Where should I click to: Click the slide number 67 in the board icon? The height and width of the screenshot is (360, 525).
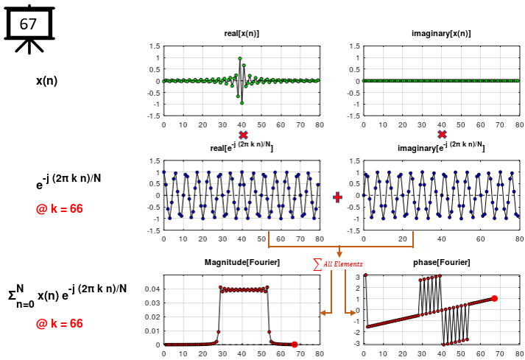pos(28,24)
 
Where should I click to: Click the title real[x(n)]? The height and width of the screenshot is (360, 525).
pos(242,34)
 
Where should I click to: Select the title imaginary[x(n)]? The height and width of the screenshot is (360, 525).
pos(440,34)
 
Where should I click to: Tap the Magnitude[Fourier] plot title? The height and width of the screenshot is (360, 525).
pos(242,263)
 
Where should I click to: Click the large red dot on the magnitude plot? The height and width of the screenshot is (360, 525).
pos(295,344)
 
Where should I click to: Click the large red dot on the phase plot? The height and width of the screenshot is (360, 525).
pos(494,298)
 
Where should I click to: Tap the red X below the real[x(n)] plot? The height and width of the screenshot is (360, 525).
pos(243,135)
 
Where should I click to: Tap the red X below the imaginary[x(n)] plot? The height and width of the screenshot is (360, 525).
pos(442,135)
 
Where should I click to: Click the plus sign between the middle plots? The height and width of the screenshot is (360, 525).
pos(338,197)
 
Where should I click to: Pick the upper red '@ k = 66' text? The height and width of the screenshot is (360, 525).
pos(59,209)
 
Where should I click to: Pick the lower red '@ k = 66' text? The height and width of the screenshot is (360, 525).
pos(59,323)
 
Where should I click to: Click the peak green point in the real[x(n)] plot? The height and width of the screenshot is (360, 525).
pos(240,59)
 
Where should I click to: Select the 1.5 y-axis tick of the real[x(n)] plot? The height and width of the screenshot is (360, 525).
pos(155,46)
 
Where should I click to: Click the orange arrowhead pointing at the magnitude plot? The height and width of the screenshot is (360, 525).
pos(323,314)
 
